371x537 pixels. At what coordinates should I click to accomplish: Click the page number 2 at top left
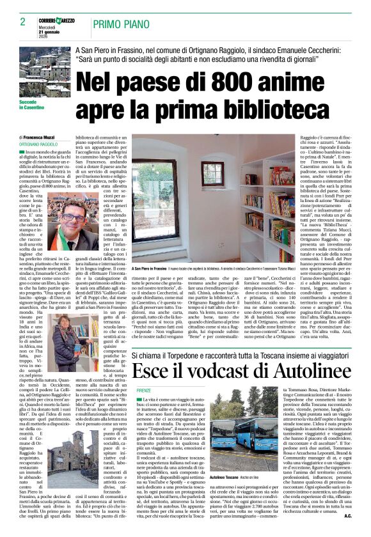pyautogui.click(x=23, y=22)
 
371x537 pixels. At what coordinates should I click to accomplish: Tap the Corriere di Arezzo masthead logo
pyautogui.click(x=56, y=22)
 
